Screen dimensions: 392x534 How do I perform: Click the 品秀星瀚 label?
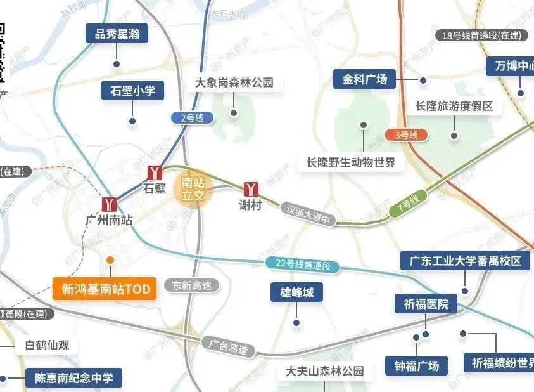pos(117,34)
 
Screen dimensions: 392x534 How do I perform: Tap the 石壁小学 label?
pos(132,91)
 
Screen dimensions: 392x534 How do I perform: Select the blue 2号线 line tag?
pos(192,117)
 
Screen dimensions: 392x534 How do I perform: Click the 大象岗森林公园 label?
pos(234,83)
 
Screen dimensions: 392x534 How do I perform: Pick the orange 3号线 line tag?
pos(406,134)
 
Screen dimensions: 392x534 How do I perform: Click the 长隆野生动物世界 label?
pos(350,162)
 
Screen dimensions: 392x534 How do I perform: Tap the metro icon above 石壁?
pos(155,173)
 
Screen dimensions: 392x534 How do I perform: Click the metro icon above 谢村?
pos(251,188)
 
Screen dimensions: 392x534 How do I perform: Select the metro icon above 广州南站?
pos(110,204)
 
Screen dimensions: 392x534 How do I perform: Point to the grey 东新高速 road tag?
pos(192,286)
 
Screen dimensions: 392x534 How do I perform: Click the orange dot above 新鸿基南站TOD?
pos(110,260)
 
